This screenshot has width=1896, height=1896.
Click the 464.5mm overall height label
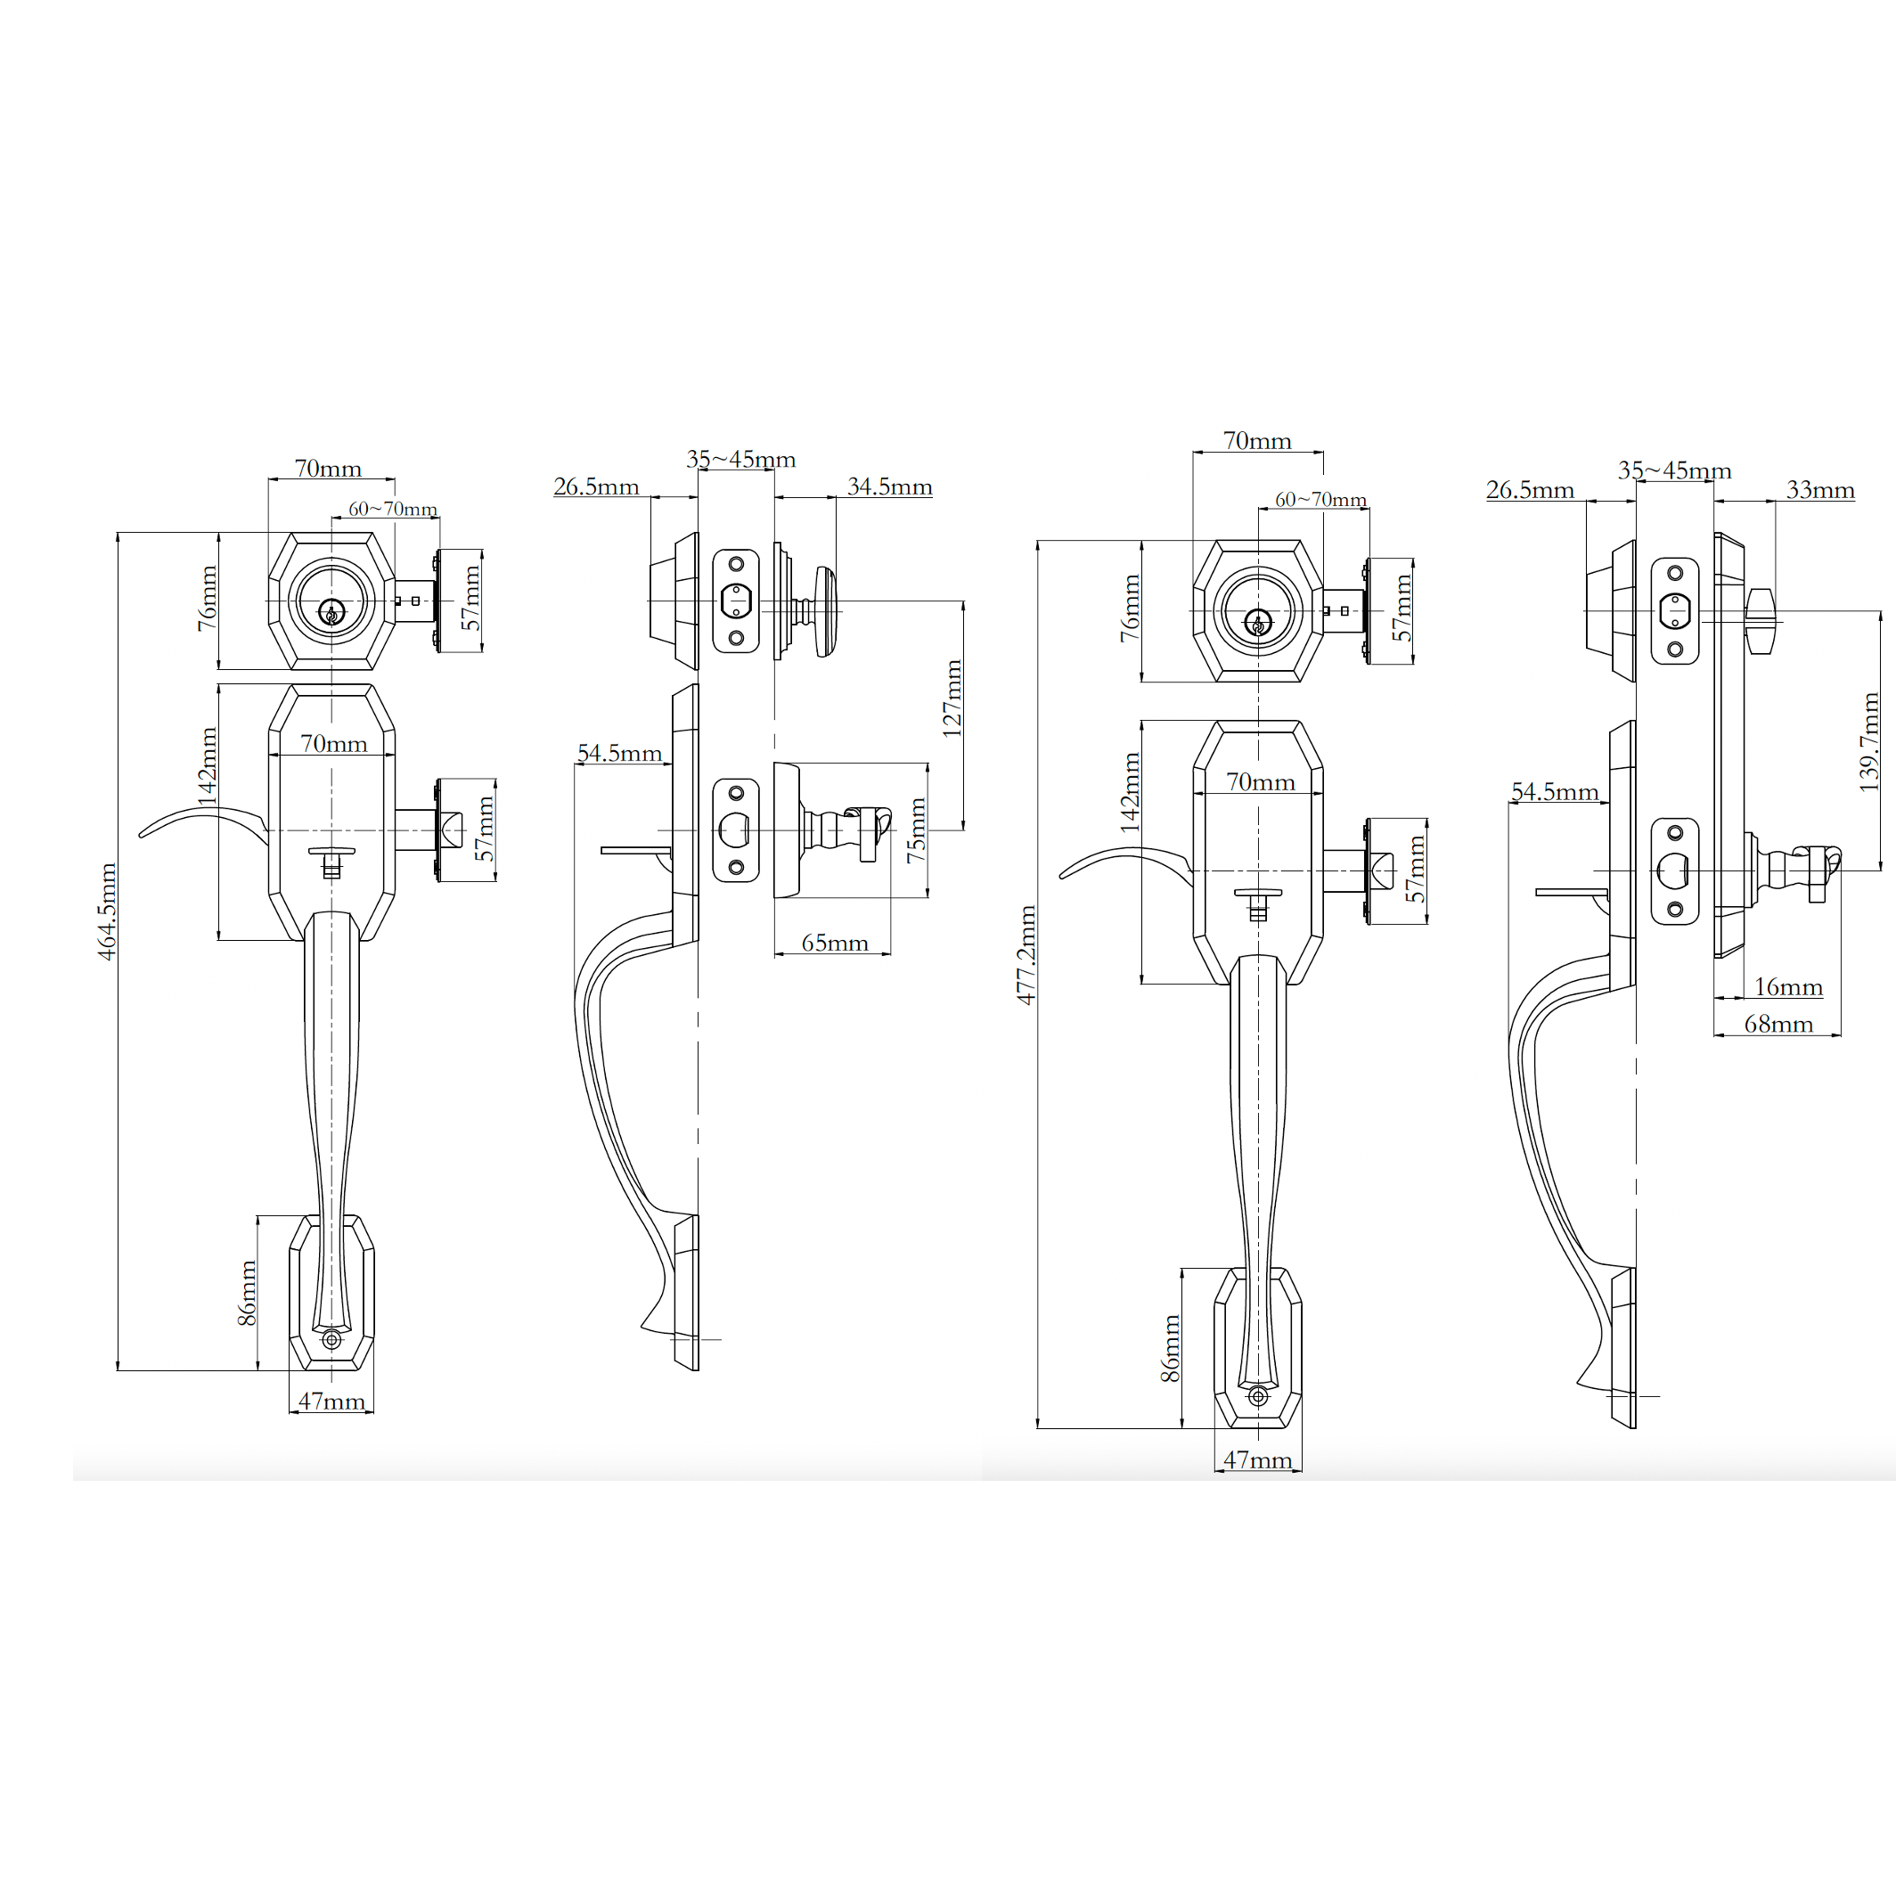click(107, 911)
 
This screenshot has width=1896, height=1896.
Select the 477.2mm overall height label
click(1026, 955)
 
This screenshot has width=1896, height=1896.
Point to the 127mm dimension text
click(952, 698)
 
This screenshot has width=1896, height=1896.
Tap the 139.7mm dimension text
click(1870, 742)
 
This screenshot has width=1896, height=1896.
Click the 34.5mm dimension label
click(890, 486)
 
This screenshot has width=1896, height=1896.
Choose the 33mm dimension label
click(1820, 490)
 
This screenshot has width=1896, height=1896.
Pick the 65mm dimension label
click(835, 943)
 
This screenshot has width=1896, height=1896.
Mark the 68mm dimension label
click(1778, 1024)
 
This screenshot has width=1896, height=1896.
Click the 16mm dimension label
click(1788, 986)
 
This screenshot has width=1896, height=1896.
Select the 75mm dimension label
click(917, 830)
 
